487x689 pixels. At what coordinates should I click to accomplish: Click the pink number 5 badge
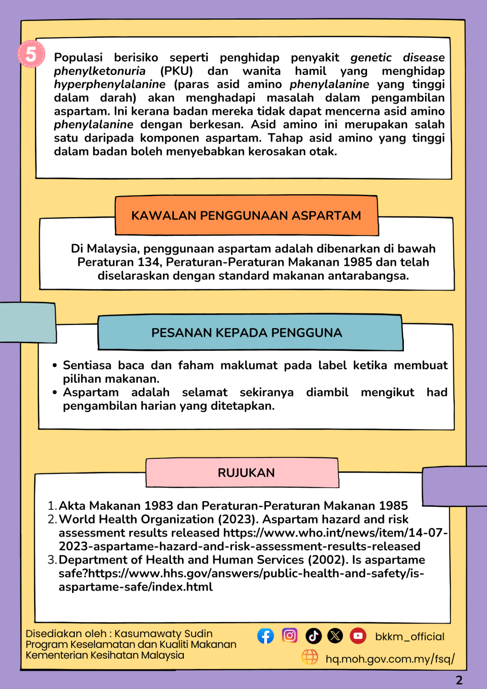coord(31,54)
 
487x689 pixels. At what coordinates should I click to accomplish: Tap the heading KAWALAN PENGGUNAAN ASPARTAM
coord(246,215)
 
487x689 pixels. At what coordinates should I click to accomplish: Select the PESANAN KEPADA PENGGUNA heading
coord(247,333)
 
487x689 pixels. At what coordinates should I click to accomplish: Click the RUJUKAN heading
coord(246,473)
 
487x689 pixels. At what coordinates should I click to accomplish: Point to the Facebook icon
coord(266,636)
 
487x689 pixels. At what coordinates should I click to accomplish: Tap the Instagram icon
coord(289,635)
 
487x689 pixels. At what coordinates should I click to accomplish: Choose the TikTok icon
coord(313,636)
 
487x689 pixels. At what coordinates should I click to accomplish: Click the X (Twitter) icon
coord(335,636)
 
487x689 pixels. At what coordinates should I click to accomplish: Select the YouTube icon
coord(358,636)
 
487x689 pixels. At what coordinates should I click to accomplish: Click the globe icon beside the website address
coord(310,657)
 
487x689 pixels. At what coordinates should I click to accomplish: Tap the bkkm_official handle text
coord(410,637)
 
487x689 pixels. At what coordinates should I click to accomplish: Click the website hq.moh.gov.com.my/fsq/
coord(390,659)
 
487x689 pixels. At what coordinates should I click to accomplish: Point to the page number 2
coord(459,680)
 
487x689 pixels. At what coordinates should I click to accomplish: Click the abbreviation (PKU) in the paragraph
coord(176,71)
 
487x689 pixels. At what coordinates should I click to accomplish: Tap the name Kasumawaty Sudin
coord(164,634)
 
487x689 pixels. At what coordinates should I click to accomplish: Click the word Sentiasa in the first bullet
coord(87,366)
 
